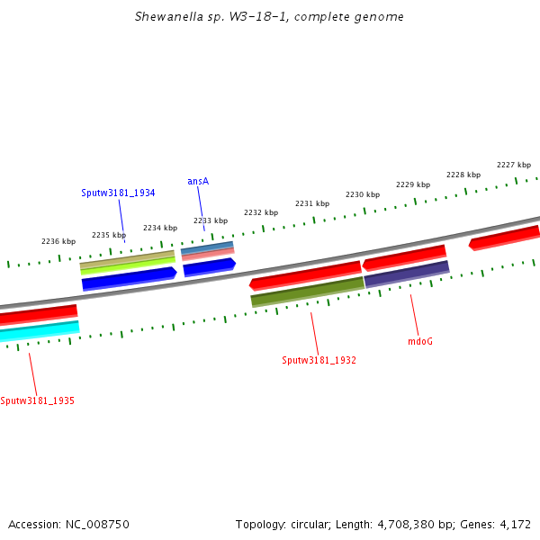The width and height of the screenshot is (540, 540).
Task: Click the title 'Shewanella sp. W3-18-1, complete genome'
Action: coord(269,17)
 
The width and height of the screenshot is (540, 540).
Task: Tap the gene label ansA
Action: coord(198,181)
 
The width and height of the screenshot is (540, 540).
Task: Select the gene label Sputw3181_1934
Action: coord(118,193)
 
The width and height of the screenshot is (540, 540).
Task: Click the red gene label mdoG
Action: coord(420,341)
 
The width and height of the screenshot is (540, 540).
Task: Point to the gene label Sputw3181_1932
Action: coord(319,360)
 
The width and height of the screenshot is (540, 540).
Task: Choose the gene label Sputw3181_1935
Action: coord(37,400)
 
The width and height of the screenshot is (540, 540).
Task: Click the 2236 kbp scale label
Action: coord(58,241)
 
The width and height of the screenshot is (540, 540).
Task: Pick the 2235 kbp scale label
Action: coord(109,235)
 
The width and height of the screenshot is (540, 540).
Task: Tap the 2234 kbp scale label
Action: coord(160,228)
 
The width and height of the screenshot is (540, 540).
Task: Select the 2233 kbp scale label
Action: coord(211,220)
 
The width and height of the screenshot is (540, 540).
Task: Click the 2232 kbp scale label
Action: coord(261,212)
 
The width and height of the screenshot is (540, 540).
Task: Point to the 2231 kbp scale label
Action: coord(312,203)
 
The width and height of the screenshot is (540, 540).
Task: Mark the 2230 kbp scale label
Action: coord(363,194)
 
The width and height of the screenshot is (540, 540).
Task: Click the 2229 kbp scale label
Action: coord(413,184)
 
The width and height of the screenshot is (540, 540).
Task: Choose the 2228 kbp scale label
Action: coord(463,175)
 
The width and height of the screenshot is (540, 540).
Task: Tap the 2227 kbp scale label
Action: coord(514,165)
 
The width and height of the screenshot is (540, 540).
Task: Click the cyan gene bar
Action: coord(40,331)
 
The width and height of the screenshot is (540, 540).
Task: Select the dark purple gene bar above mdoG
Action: coord(407,274)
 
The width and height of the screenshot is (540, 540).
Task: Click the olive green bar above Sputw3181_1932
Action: coord(307,291)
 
